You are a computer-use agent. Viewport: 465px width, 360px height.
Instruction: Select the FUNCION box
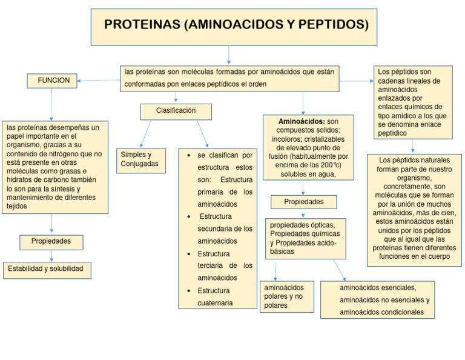click(53, 81)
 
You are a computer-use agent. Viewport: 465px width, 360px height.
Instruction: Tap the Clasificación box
click(176, 111)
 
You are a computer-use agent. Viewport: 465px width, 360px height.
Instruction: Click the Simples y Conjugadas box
click(140, 159)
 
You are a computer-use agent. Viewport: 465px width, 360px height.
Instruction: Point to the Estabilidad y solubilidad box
click(46, 269)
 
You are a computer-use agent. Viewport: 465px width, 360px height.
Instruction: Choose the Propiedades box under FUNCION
click(51, 242)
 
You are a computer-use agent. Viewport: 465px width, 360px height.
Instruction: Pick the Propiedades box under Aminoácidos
click(303, 202)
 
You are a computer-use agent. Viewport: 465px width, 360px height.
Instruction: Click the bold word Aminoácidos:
click(302, 121)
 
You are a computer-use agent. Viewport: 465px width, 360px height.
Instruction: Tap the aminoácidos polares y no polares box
click(286, 296)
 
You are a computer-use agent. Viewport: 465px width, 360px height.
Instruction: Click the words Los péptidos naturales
click(415, 160)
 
